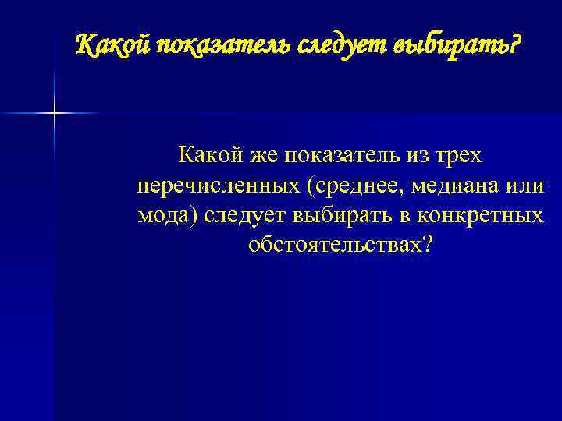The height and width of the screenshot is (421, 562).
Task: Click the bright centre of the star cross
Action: [55, 114]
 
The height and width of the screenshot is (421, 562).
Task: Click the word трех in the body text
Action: [457, 156]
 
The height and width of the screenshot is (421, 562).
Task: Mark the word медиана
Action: [457, 186]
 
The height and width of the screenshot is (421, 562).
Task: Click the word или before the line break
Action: [526, 186]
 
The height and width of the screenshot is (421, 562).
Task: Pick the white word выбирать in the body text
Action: [338, 216]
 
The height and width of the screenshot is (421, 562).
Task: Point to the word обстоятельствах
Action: [334, 246]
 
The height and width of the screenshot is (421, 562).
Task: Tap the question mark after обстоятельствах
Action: [425, 245]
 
